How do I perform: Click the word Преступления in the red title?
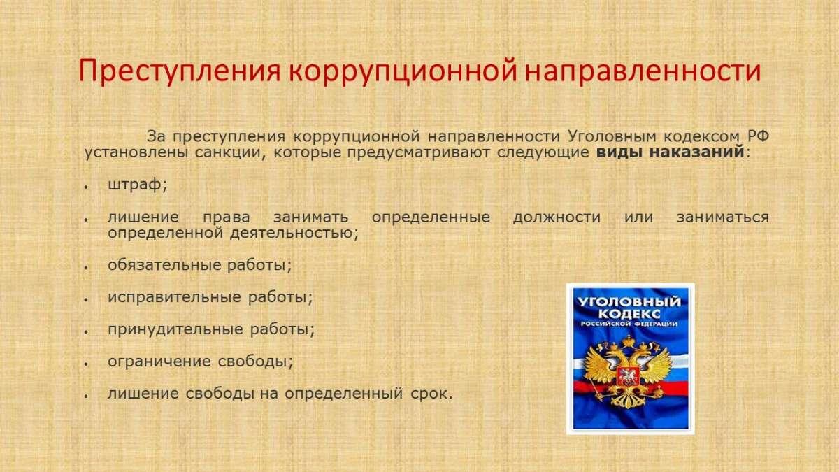pyautogui.click(x=180, y=71)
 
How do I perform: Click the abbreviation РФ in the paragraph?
pyautogui.click(x=758, y=136)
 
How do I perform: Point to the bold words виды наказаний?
pyautogui.click(x=670, y=152)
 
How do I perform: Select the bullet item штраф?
pyautogui.click(x=137, y=185)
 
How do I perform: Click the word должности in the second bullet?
pyautogui.click(x=557, y=217)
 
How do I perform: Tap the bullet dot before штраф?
pyautogui.click(x=86, y=187)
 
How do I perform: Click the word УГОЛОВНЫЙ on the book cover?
pyautogui.click(x=629, y=302)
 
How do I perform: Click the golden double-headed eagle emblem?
pyautogui.click(x=627, y=371)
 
